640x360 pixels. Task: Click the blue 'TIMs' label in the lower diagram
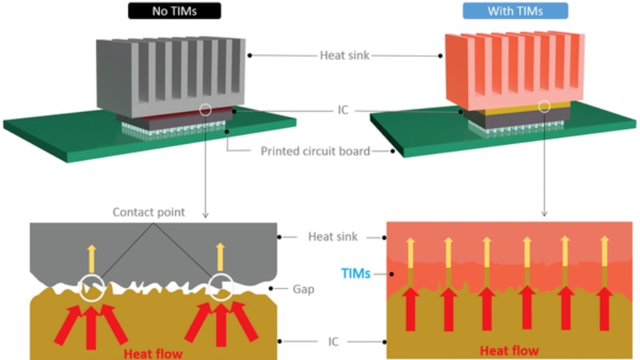[x=355, y=273]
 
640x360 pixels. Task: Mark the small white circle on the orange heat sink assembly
[x=545, y=105]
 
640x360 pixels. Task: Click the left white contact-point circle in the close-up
[x=94, y=286]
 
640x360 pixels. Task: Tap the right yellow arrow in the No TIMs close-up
[x=220, y=257]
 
